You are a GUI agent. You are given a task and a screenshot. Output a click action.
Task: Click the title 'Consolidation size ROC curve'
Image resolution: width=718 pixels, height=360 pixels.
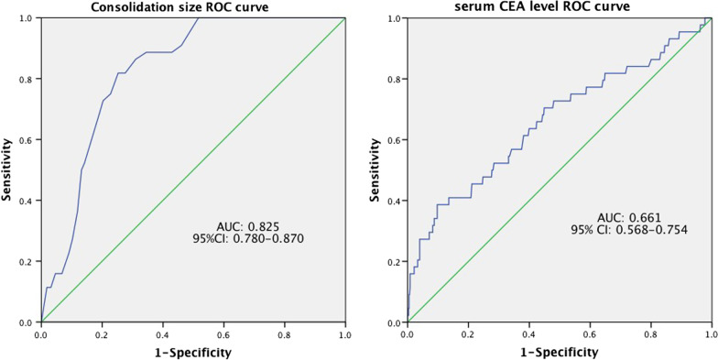click(x=191, y=7)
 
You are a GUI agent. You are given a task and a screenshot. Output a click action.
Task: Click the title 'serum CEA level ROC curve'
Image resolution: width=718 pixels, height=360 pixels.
click(x=558, y=7)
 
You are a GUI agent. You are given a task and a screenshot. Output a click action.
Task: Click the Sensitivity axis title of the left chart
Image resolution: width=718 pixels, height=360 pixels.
click(x=8, y=170)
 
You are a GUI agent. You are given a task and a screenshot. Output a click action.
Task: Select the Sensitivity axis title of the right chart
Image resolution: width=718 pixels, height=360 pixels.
click(x=375, y=170)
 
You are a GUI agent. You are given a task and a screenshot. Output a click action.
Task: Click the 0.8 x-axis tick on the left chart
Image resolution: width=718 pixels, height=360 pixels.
click(x=284, y=334)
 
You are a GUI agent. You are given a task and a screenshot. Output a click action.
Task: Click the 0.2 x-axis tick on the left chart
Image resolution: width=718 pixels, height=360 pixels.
click(x=102, y=334)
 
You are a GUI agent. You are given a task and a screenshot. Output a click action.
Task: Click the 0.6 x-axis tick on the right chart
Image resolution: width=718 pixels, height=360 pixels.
click(x=589, y=334)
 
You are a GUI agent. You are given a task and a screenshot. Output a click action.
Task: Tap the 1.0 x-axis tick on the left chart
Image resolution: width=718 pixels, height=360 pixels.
click(x=344, y=334)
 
